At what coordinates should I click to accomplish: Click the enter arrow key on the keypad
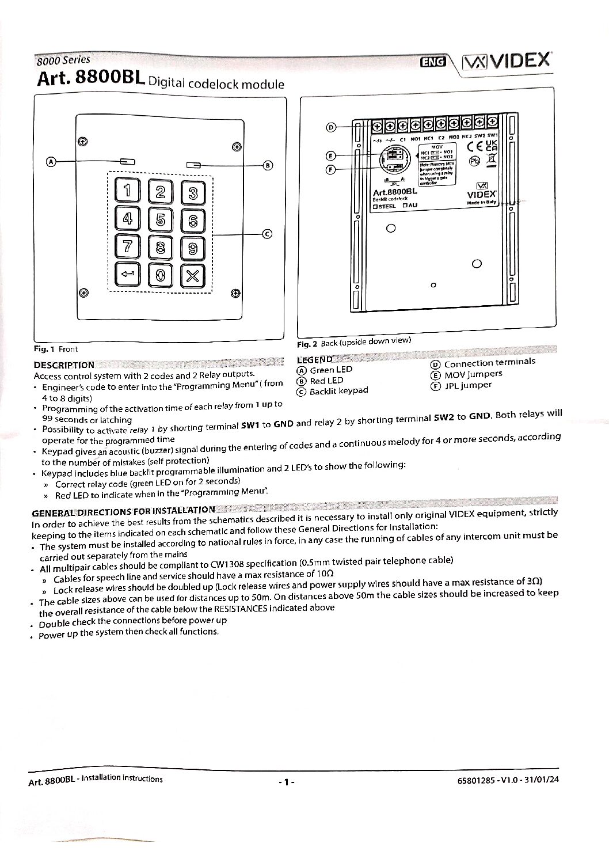click(x=127, y=274)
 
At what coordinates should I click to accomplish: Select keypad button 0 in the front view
click(x=160, y=275)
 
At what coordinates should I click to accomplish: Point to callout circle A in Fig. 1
click(x=51, y=162)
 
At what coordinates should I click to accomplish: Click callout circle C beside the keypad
click(x=267, y=234)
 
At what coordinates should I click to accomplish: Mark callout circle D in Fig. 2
click(x=330, y=127)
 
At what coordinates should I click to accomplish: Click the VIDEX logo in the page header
click(x=507, y=61)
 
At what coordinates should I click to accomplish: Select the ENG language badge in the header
click(x=433, y=63)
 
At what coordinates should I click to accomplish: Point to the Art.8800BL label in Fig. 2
click(x=394, y=192)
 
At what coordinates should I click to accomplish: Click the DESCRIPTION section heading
click(x=64, y=364)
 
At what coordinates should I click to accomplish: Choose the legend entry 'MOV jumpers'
click(x=473, y=374)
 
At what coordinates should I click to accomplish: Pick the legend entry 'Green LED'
click(x=330, y=370)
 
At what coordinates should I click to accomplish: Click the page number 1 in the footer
click(x=286, y=782)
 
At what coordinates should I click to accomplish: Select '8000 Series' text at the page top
click(x=63, y=60)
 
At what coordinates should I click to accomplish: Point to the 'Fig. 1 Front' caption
click(x=55, y=349)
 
